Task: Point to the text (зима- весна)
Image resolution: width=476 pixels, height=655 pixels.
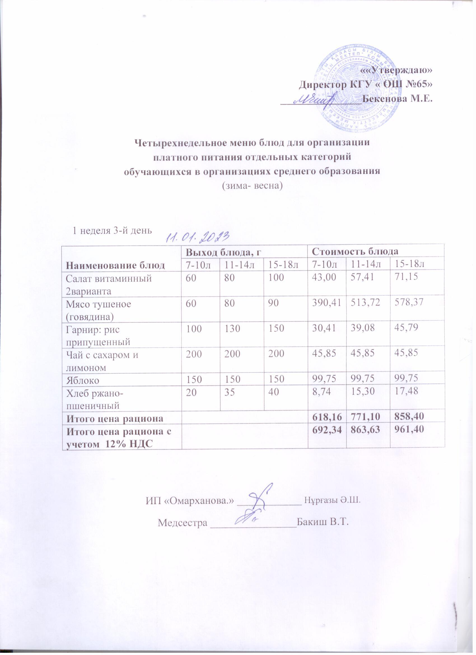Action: [x=251, y=185]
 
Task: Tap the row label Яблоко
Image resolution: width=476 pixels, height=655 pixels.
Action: [x=83, y=380]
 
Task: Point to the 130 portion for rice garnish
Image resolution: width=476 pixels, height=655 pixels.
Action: [x=231, y=328]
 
